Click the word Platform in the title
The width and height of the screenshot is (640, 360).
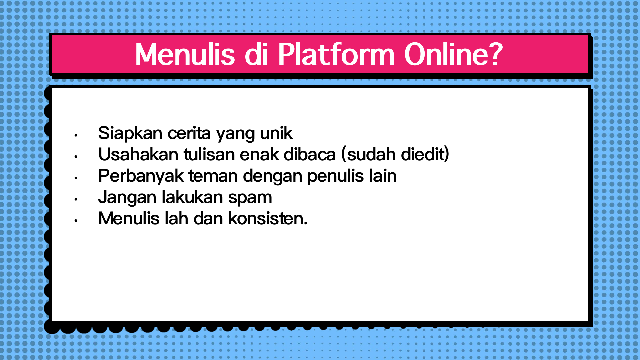[336, 54]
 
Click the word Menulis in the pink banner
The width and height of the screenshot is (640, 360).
[185, 54]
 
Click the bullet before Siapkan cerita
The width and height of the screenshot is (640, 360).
[76, 135]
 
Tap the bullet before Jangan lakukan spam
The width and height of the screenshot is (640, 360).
[76, 199]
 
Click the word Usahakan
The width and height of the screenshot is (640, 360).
[138, 154]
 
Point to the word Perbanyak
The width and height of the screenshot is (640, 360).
[141, 176]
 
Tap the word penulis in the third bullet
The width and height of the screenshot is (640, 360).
[336, 176]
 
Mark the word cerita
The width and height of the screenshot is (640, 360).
[189, 133]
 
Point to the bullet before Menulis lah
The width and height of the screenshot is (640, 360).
[76, 221]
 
